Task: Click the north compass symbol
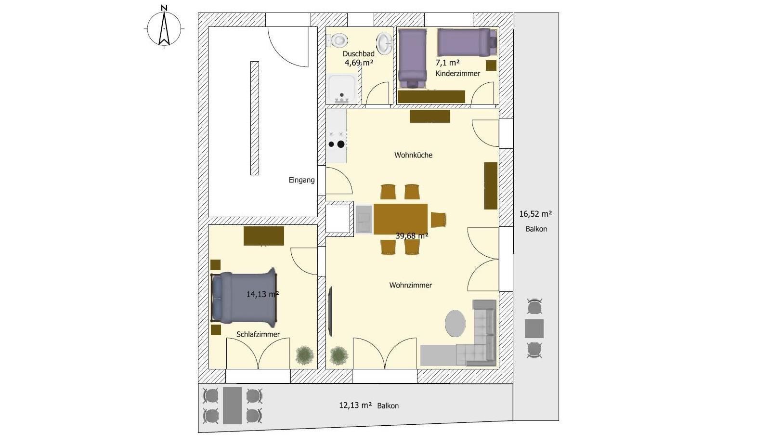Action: (x=164, y=27)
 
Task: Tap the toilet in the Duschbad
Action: (x=337, y=40)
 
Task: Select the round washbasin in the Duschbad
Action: (x=384, y=44)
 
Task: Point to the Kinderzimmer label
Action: (x=457, y=74)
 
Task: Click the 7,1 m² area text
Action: (x=447, y=63)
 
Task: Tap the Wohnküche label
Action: (x=413, y=155)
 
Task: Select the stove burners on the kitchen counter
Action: (x=337, y=140)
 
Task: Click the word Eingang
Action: (x=301, y=180)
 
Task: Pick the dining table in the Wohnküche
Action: (x=400, y=219)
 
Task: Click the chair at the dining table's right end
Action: (x=438, y=220)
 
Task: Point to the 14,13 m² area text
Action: (x=262, y=294)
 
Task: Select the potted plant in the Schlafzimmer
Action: (x=305, y=355)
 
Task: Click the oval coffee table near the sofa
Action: (x=455, y=324)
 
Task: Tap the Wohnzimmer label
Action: (x=410, y=285)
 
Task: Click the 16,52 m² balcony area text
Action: (x=535, y=214)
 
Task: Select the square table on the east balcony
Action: (x=534, y=328)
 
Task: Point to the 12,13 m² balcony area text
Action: (x=355, y=405)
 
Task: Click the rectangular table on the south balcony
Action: (x=232, y=406)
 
